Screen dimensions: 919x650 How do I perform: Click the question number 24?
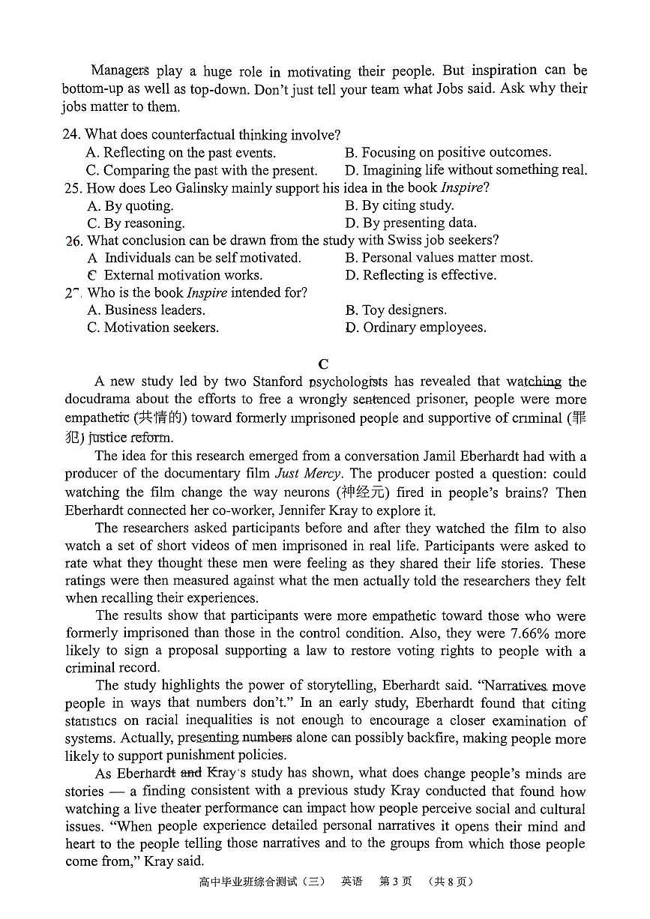point(71,135)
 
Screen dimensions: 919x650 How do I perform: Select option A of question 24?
point(181,152)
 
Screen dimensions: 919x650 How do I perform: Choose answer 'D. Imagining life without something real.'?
point(466,170)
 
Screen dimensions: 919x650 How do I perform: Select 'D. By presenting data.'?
point(410,223)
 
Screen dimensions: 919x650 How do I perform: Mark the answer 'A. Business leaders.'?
point(146,310)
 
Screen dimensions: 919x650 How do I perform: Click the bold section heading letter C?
point(323,364)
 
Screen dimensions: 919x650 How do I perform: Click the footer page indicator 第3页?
point(395,882)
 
